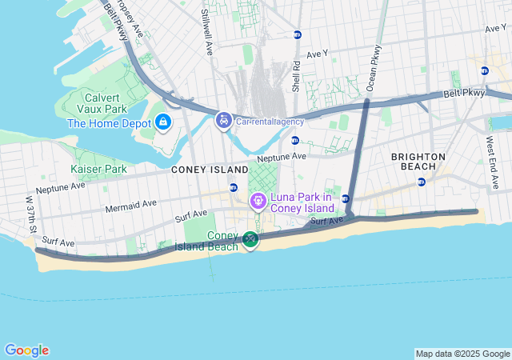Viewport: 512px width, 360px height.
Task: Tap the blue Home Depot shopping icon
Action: pyautogui.click(x=163, y=122)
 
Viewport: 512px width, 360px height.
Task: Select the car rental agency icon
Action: pyautogui.click(x=223, y=122)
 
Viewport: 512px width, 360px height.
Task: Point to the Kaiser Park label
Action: pyautogui.click(x=98, y=169)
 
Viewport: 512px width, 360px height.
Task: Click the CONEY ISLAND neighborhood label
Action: pyautogui.click(x=205, y=170)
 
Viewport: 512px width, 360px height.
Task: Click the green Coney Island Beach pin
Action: pyautogui.click(x=250, y=239)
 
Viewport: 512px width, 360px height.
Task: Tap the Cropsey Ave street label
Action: pyautogui.click(x=128, y=19)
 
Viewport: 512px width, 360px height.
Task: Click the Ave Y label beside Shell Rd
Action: pyautogui.click(x=318, y=54)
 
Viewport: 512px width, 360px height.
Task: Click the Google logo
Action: pyautogui.click(x=26, y=350)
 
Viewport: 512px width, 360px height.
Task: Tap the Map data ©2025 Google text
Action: pyautogui.click(x=462, y=354)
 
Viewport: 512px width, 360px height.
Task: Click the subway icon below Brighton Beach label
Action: pyautogui.click(x=422, y=182)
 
